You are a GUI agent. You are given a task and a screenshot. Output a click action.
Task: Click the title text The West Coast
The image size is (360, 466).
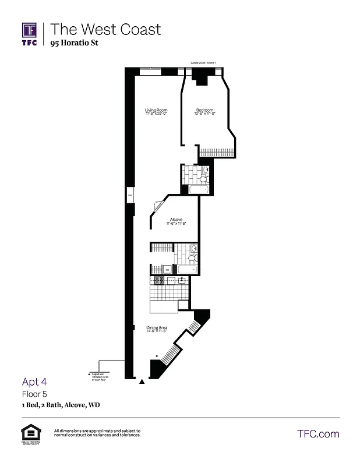tap(105, 29)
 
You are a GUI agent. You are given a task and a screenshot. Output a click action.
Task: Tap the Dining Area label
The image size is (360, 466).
tap(156, 329)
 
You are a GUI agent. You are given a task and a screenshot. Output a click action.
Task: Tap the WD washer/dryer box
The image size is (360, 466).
tap(166, 270)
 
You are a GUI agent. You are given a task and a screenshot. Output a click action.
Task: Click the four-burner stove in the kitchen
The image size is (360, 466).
tap(157, 286)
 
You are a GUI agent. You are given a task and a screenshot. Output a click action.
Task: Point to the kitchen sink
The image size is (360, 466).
tap(182, 280)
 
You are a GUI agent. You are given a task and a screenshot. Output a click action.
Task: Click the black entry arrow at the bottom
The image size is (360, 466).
tap(141, 383)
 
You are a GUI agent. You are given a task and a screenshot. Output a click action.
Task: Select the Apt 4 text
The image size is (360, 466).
tap(34, 382)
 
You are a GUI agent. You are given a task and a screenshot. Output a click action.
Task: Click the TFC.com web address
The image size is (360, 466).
tap(317, 434)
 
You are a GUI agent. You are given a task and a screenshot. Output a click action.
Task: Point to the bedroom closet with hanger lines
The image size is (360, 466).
tap(217, 151)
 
